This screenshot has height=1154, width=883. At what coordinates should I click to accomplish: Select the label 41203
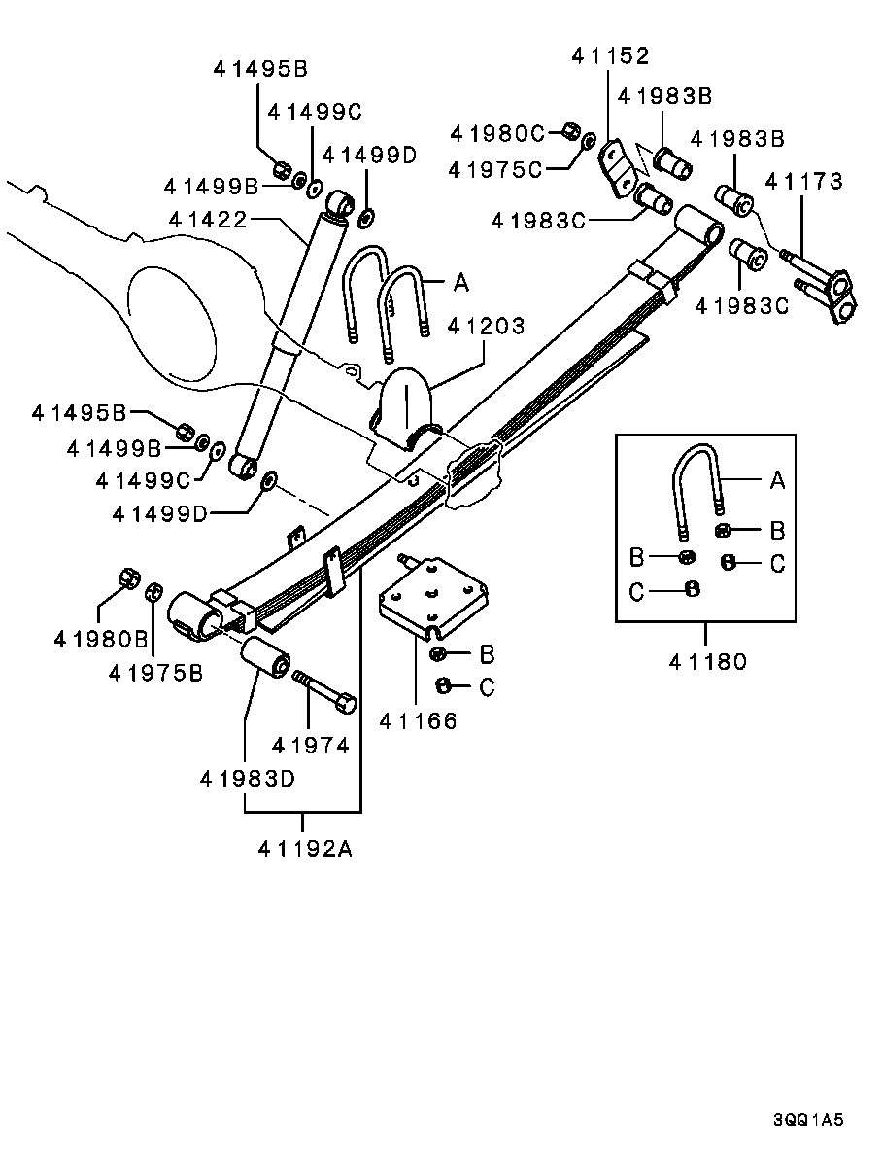[x=486, y=325]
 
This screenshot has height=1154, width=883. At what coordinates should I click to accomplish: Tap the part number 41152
[x=609, y=56]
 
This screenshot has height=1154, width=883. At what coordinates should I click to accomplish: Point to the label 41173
[x=803, y=181]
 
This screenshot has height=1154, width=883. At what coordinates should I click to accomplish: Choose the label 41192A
[x=304, y=848]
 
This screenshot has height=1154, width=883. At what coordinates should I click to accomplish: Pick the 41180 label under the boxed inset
[x=707, y=662]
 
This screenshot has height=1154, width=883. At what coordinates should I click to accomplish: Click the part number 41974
[x=310, y=746]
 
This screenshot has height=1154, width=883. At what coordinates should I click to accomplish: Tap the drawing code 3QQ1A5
[x=808, y=1120]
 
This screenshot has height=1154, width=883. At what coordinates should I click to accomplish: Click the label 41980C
[x=498, y=132]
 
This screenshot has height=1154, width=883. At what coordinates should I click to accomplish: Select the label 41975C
[x=494, y=169]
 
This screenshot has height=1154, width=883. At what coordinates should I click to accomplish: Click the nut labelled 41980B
[x=127, y=577]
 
